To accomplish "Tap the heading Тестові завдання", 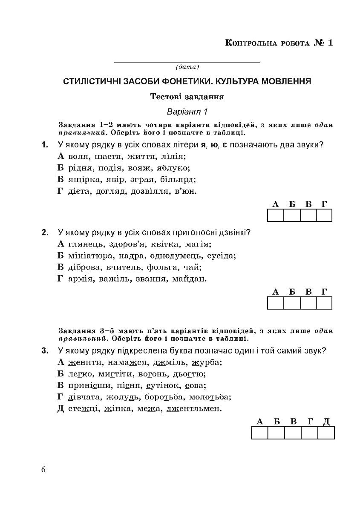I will [x=187, y=97].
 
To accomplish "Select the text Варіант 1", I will [x=187, y=112].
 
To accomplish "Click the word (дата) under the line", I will [x=187, y=67].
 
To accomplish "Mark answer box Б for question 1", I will [x=291, y=215].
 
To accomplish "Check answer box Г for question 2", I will [x=324, y=303].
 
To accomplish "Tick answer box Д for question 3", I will [x=326, y=433].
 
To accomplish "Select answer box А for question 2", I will [x=275, y=303].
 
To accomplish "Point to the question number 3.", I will [x=44, y=351].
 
